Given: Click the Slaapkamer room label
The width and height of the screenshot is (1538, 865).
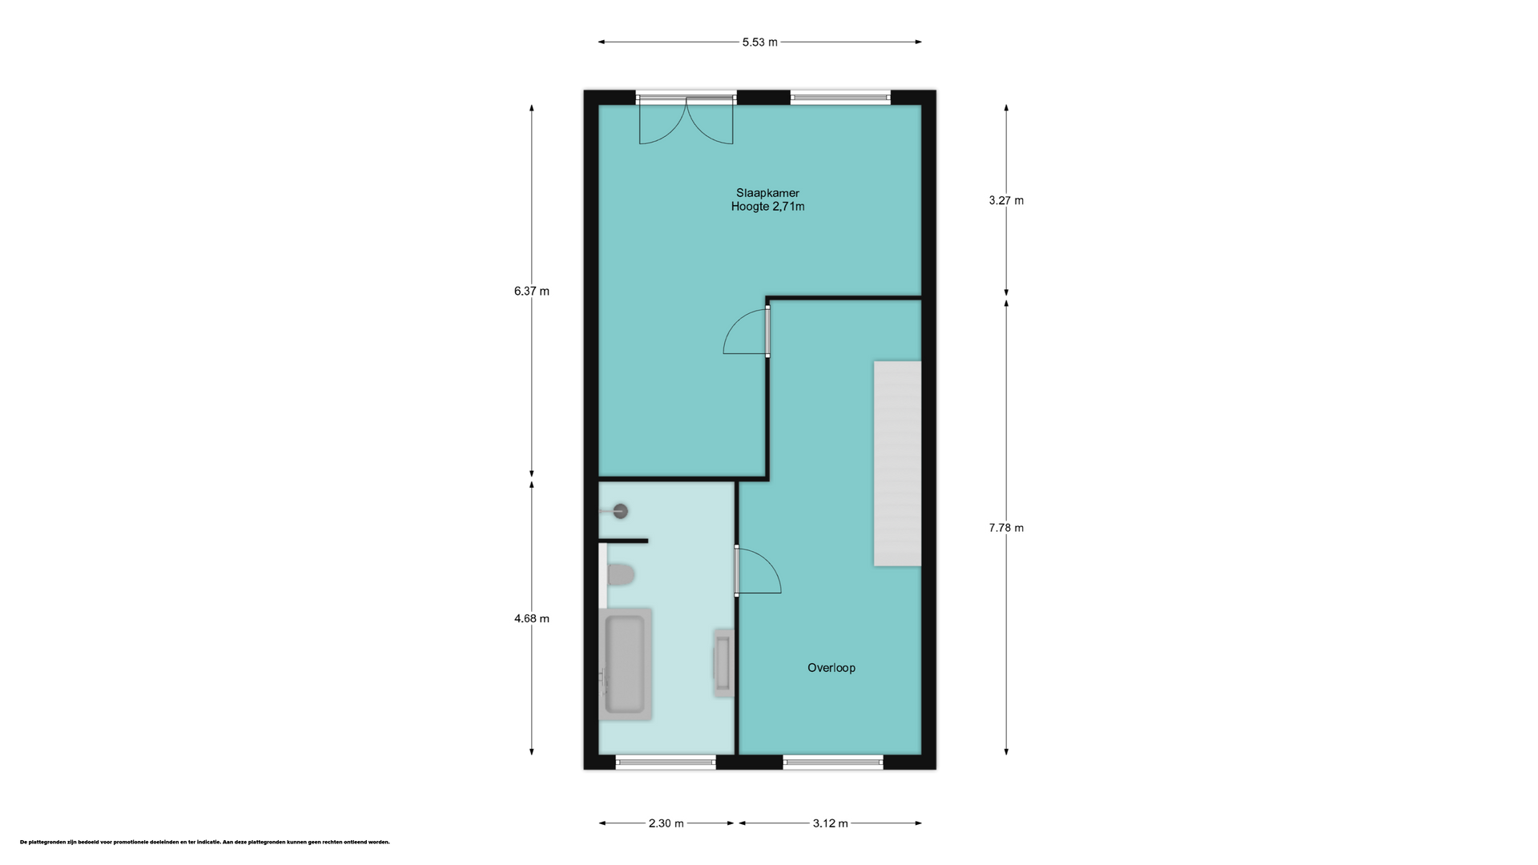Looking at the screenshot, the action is pyautogui.click(x=767, y=193).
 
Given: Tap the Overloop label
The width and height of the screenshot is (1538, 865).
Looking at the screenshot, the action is pyautogui.click(x=831, y=668).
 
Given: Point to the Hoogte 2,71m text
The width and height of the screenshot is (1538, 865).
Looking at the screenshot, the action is pyautogui.click(x=767, y=207).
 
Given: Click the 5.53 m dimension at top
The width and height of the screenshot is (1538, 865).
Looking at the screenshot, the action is pyautogui.click(x=759, y=42).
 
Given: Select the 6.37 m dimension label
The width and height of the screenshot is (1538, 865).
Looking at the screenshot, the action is pyautogui.click(x=532, y=292).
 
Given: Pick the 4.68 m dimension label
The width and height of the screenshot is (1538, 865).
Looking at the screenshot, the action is pyautogui.click(x=532, y=618).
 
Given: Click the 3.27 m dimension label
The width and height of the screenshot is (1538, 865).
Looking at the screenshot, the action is pyautogui.click(x=1006, y=201).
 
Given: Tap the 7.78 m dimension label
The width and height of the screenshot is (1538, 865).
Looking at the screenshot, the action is pyautogui.click(x=1006, y=528).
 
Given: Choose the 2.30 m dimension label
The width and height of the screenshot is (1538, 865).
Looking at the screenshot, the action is pyautogui.click(x=666, y=823).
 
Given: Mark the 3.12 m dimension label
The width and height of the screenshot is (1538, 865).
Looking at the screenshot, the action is pyautogui.click(x=831, y=823).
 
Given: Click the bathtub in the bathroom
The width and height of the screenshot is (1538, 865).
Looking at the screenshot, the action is pyautogui.click(x=625, y=664).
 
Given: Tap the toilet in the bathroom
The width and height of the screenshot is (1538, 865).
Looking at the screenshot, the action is pyautogui.click(x=619, y=574).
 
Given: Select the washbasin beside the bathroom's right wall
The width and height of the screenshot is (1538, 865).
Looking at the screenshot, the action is pyautogui.click(x=723, y=663).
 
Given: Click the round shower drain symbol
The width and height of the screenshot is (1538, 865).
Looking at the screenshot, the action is pyautogui.click(x=620, y=511).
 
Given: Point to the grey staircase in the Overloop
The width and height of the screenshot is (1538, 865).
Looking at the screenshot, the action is pyautogui.click(x=897, y=464).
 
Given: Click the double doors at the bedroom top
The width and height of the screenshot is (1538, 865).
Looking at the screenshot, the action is pyautogui.click(x=686, y=120).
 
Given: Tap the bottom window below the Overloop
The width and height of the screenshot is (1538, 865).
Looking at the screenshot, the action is pyautogui.click(x=833, y=762).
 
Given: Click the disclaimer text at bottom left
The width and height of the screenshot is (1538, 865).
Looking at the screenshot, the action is pyautogui.click(x=205, y=843).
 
